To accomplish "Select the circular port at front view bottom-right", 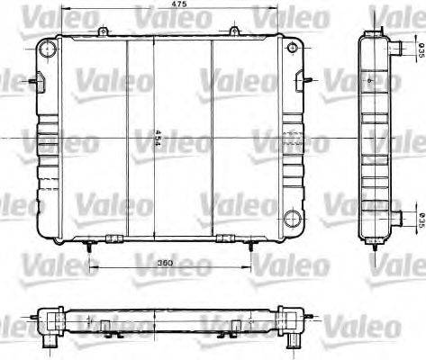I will (x=291, y=218).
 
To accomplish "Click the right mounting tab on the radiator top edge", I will (x=233, y=32).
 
